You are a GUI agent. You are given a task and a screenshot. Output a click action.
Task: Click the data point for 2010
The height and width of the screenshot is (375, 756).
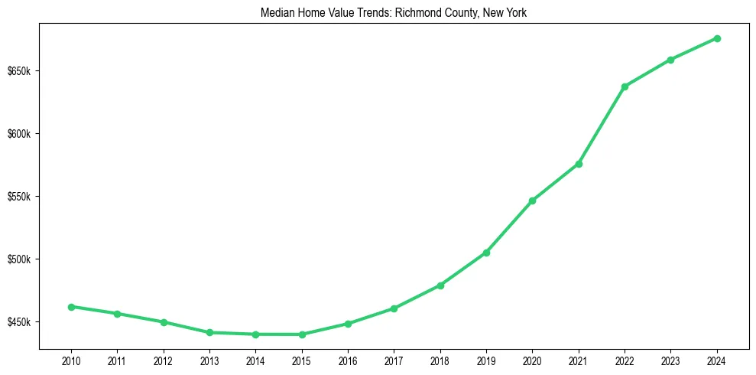tap(71, 307)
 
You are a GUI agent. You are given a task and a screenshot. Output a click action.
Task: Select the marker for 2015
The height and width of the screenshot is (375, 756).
tap(302, 334)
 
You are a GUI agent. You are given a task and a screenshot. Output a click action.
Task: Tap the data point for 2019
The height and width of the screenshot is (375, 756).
tap(486, 253)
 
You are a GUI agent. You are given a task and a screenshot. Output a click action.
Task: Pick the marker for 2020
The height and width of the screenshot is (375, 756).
tap(532, 201)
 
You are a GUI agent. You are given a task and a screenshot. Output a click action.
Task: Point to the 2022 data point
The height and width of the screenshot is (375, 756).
tap(625, 86)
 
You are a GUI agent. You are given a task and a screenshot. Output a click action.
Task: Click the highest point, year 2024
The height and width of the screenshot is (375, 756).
tap(717, 38)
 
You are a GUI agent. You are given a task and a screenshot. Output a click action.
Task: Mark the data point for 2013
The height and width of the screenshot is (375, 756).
tap(209, 332)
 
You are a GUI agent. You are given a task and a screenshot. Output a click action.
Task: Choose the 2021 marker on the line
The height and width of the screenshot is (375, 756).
tap(579, 164)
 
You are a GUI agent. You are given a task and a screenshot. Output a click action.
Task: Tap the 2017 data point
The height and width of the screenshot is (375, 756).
tap(394, 308)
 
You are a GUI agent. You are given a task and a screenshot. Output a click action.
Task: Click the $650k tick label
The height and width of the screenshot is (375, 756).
tap(18, 72)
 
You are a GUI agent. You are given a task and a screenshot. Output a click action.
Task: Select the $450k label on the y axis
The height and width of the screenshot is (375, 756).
tap(18, 322)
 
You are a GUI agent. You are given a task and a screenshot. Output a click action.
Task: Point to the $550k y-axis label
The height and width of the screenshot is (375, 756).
tap(18, 197)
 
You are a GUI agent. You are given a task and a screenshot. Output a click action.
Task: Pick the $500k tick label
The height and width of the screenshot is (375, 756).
tap(18, 259)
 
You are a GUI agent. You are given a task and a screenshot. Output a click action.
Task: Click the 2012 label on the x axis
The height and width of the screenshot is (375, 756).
tap(164, 360)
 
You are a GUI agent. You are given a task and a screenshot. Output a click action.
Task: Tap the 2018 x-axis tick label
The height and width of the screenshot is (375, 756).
tap(440, 360)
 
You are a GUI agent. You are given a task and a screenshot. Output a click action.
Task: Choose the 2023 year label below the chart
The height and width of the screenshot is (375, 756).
tap(670, 360)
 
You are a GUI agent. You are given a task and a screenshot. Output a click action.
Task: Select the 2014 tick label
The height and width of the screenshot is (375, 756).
tap(255, 360)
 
